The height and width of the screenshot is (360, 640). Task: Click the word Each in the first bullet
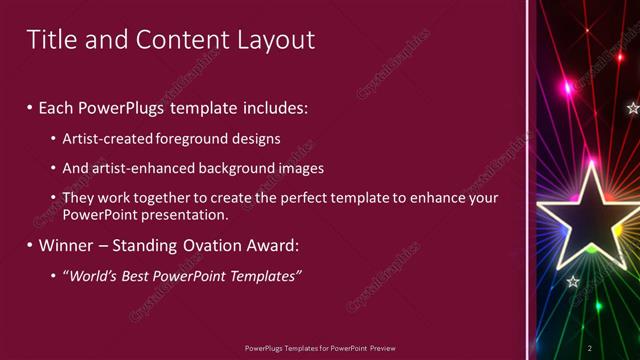(x=58, y=106)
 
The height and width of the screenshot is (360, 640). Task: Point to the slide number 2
(x=590, y=347)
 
